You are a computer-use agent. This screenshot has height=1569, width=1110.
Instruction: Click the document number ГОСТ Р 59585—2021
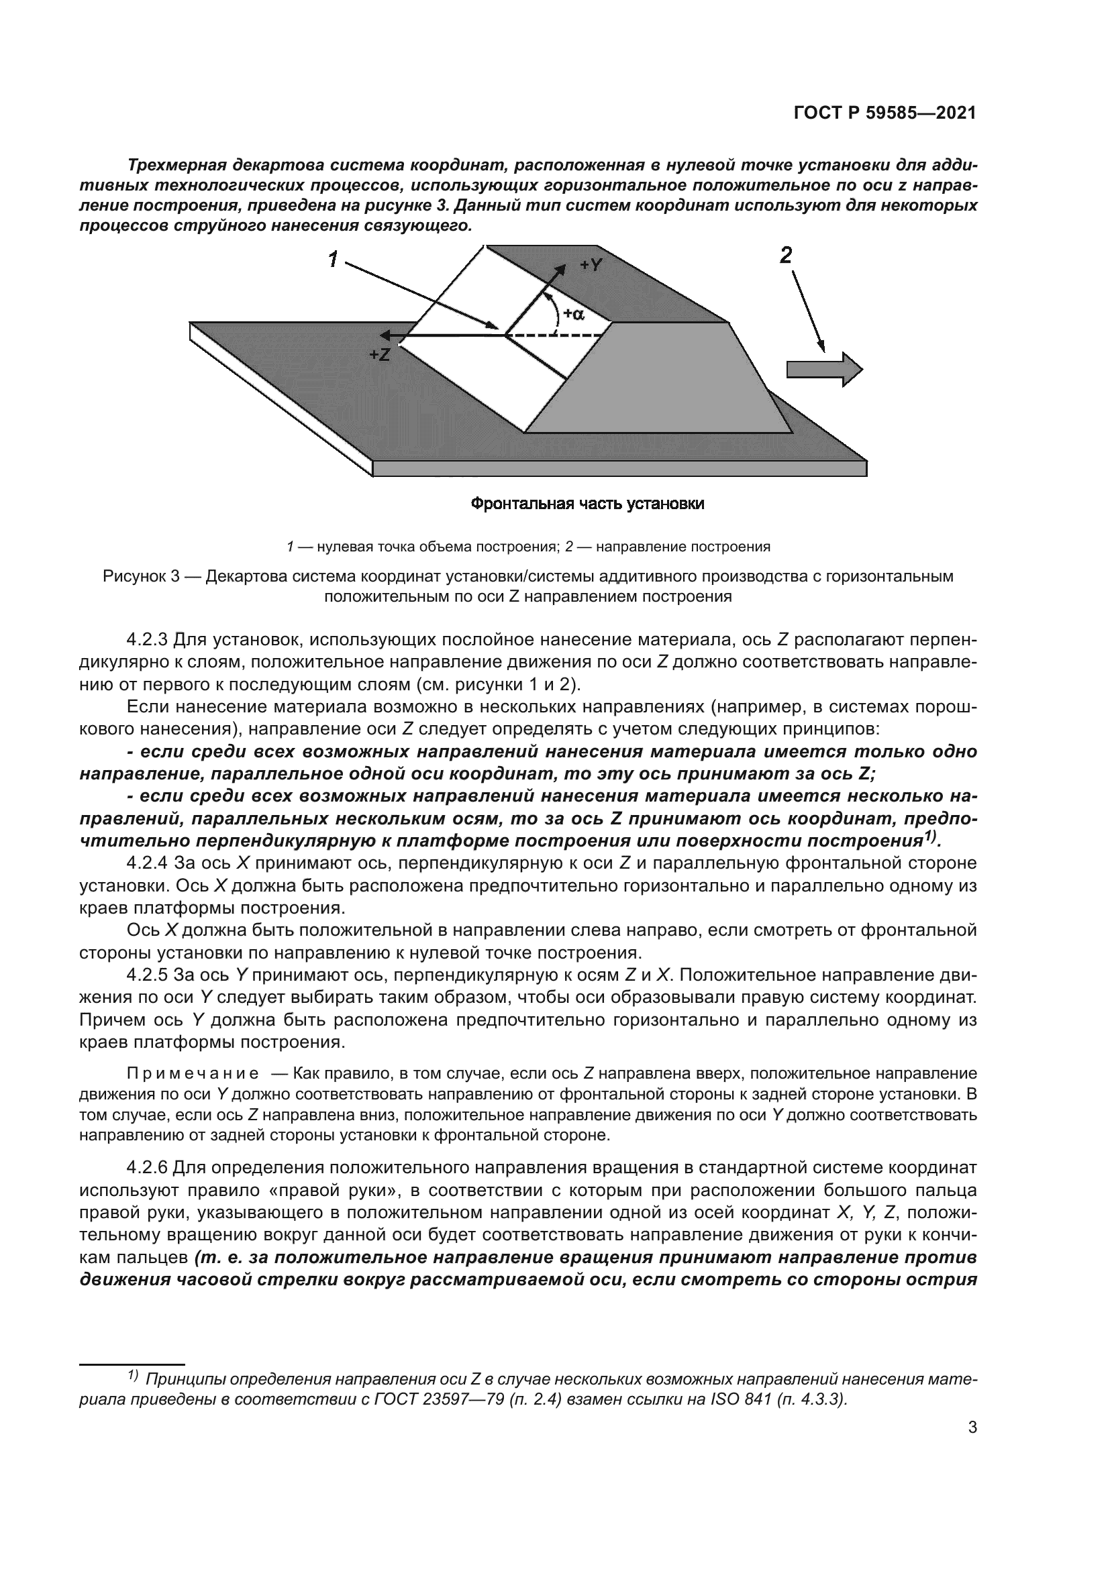click(885, 113)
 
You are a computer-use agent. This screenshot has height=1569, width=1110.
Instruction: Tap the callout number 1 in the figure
click(334, 260)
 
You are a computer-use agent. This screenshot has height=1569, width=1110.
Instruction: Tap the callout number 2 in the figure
click(786, 256)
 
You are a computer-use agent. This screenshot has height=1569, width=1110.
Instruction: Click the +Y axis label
click(591, 265)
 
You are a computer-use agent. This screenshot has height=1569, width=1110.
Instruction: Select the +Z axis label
click(379, 355)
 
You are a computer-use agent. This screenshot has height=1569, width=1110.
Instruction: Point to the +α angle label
click(573, 314)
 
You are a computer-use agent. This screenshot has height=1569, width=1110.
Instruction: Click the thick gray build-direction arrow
click(824, 369)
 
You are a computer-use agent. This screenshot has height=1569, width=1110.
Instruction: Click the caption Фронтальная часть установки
click(588, 504)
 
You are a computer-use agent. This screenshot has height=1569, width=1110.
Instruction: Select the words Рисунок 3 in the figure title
click(141, 576)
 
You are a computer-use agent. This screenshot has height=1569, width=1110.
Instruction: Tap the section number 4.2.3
click(147, 641)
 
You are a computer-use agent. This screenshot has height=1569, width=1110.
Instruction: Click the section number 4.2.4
click(147, 863)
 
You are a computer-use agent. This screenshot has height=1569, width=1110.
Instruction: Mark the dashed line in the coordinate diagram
click(574, 335)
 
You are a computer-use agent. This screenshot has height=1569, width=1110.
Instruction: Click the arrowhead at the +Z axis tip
click(387, 335)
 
